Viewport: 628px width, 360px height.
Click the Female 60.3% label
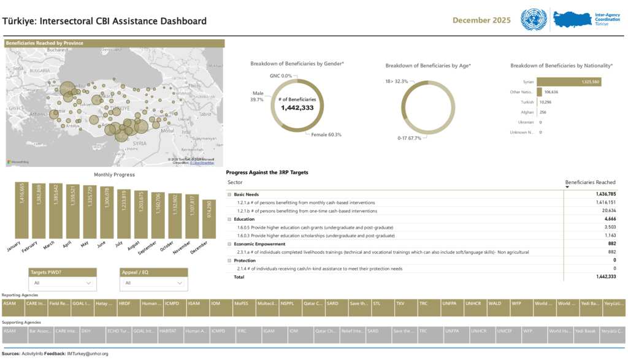coord(326,134)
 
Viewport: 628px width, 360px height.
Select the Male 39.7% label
coord(257,96)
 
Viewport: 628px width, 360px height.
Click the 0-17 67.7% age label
coord(409,138)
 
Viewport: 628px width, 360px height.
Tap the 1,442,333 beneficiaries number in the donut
coord(297,107)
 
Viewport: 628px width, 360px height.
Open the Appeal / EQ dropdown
coord(154,283)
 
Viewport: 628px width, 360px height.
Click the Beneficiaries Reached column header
coord(590,182)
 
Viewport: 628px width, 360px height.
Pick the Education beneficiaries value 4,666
coord(605,219)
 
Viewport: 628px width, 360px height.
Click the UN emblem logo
coord(533,20)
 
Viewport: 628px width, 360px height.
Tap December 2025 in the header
coord(481,20)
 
